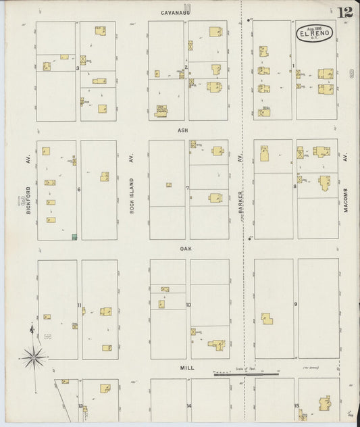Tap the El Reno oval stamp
pyautogui.click(x=313, y=34)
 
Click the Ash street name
pyautogui.click(x=182, y=130)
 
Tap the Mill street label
pyautogui.click(x=187, y=368)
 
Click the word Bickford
pyautogui.click(x=30, y=201)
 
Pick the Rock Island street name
pyautogui.click(x=132, y=195)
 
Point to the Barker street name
pyautogui.click(x=240, y=202)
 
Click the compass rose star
pyautogui.click(x=33, y=355)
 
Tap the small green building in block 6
pyautogui.click(x=74, y=236)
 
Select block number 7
pyautogui.click(x=187, y=188)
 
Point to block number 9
pyautogui.click(x=295, y=304)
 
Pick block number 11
pyautogui.click(x=79, y=305)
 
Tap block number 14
pyautogui.click(x=188, y=405)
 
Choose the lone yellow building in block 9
pyautogui.click(x=267, y=318)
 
